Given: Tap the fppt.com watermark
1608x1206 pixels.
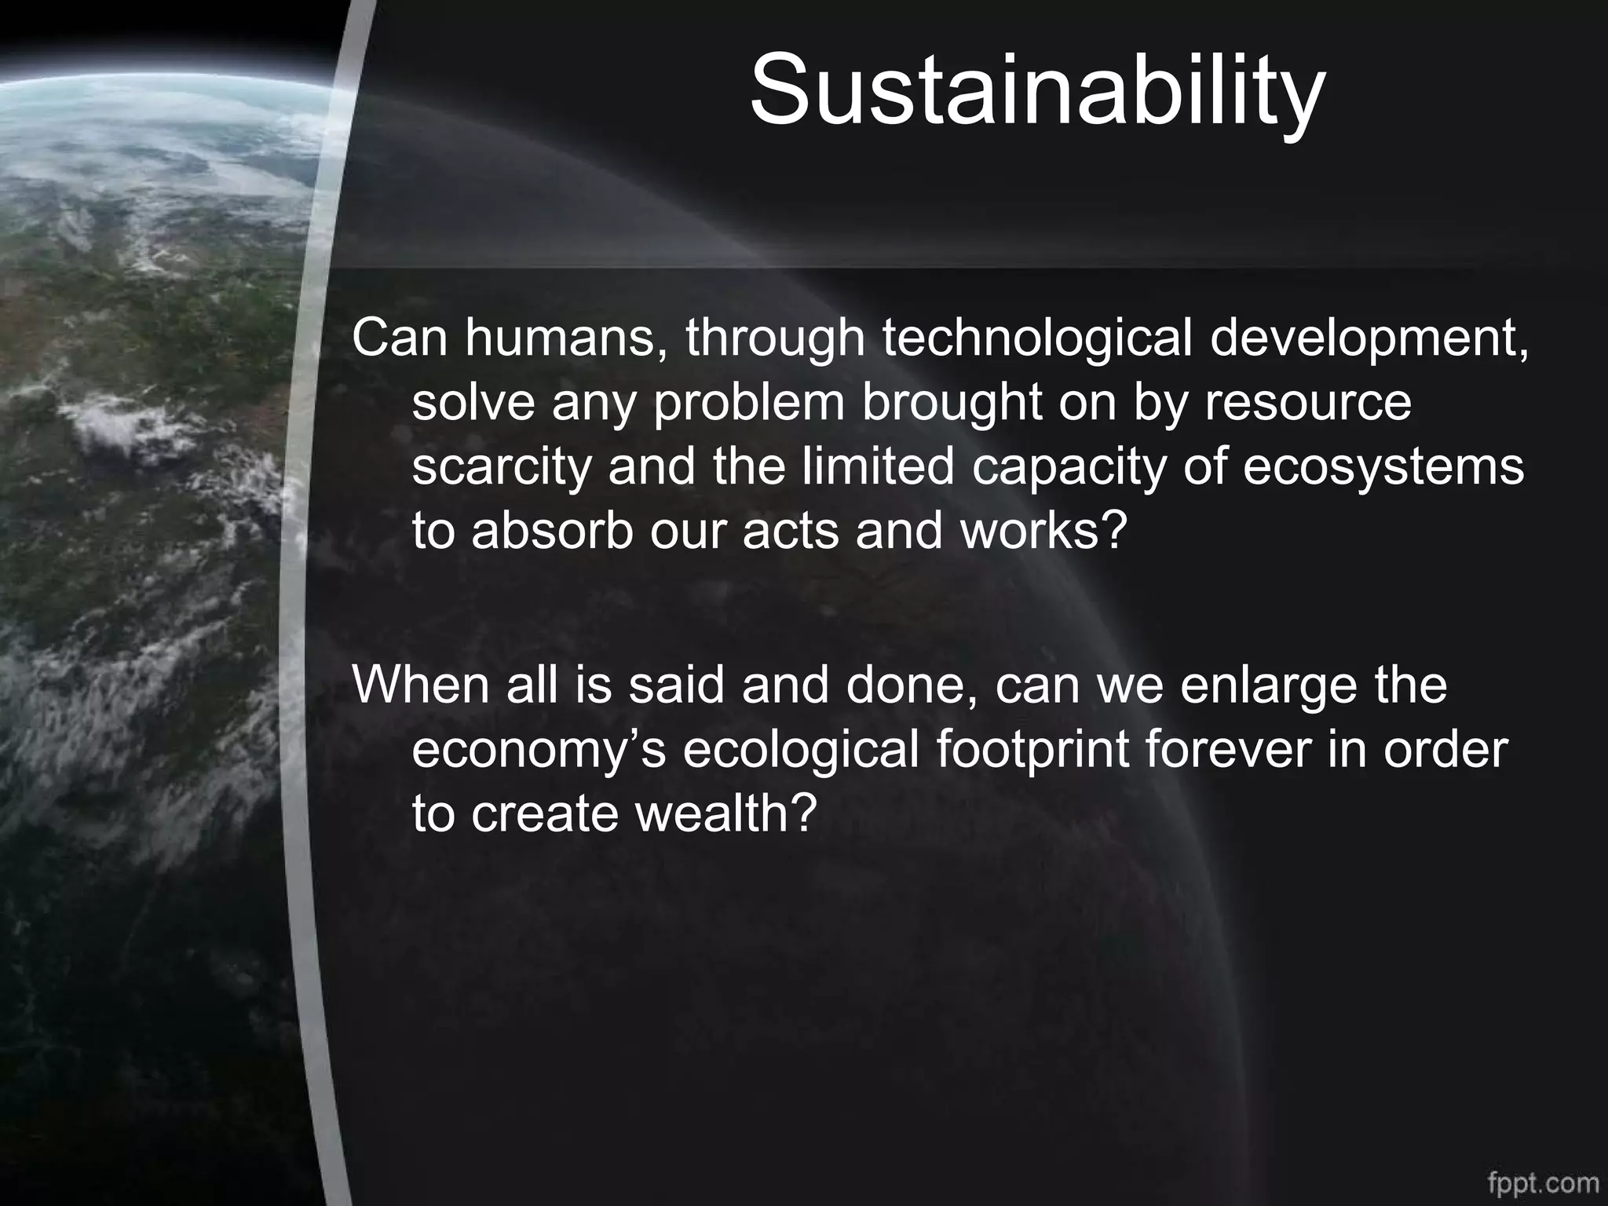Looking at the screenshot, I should pos(1542,1182).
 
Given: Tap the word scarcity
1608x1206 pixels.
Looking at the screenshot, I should pos(502,466).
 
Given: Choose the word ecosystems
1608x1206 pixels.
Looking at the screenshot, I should pos(1383,466).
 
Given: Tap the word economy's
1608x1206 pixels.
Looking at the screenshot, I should pos(539,749).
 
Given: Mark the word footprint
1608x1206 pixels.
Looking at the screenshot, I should pos(1032,749).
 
